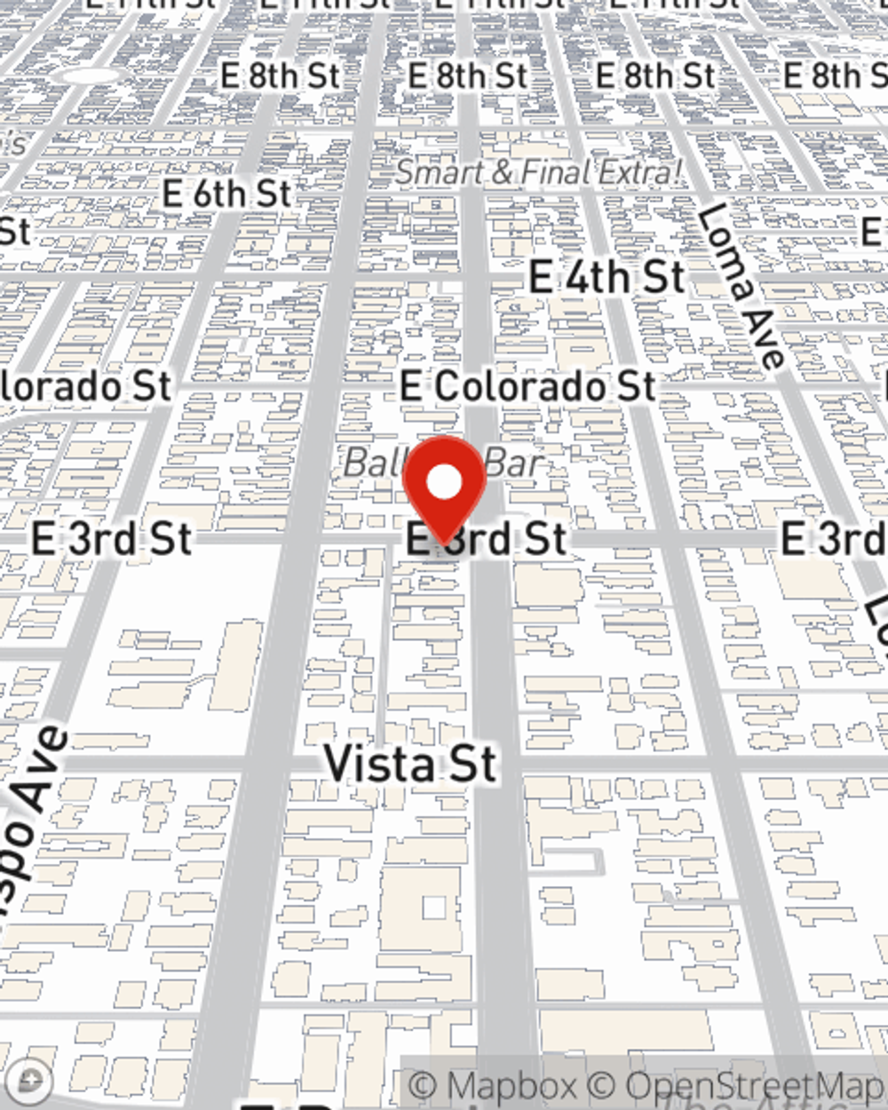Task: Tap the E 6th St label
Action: [226, 194]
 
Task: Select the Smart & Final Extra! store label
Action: [539, 172]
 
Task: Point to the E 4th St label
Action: [607, 277]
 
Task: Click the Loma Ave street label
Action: [741, 286]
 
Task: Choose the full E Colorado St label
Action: [527, 386]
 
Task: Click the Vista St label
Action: [409, 764]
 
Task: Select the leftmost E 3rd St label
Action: [111, 539]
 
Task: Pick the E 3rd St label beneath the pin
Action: [487, 539]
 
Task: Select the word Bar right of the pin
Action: [513, 463]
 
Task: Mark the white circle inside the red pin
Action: [444, 482]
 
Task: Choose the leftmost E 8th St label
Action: [280, 76]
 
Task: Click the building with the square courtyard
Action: [433, 908]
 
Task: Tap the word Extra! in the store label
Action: [639, 172]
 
